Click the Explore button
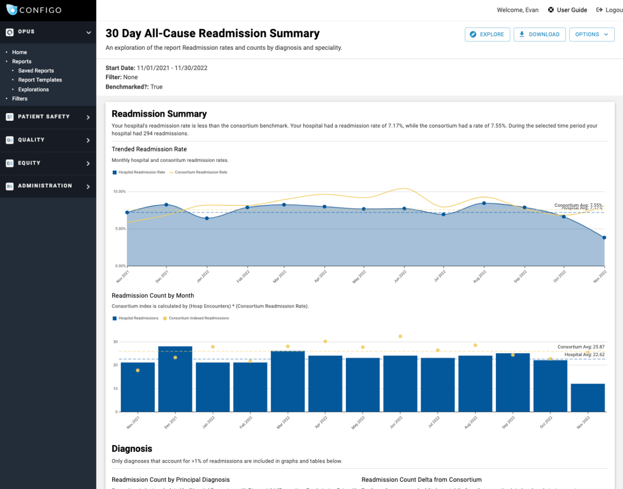[x=487, y=34]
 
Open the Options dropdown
[x=592, y=34]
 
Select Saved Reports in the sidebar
[x=36, y=71]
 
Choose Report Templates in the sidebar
[x=40, y=80]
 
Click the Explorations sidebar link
[x=33, y=89]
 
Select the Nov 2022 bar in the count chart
[x=588, y=398]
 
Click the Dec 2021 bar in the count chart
[x=175, y=379]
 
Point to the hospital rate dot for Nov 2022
[x=604, y=237]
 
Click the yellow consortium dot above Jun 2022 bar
[x=400, y=336]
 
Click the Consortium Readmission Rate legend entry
[x=200, y=172]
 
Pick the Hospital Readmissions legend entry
[x=138, y=318]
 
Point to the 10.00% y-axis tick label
[x=119, y=191]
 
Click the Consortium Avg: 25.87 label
[x=580, y=346]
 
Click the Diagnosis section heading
[x=132, y=449]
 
